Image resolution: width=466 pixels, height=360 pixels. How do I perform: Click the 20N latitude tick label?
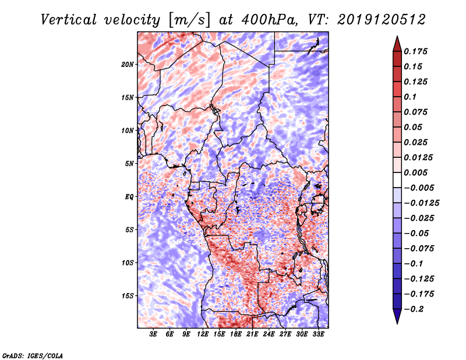point(128,64)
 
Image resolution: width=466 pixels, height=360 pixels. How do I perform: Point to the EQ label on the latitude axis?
point(129,197)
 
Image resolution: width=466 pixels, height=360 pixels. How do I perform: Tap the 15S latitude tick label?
point(128,296)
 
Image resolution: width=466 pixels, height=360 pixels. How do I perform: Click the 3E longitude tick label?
point(154,335)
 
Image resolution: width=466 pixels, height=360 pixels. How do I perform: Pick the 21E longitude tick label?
point(252,335)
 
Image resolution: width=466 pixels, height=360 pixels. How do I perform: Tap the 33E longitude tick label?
point(318,335)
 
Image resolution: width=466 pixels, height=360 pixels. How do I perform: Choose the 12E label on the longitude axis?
point(203,335)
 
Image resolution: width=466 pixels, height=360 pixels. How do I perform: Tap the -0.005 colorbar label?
point(419,188)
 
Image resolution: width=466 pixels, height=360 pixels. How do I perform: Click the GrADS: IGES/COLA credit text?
point(32,355)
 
